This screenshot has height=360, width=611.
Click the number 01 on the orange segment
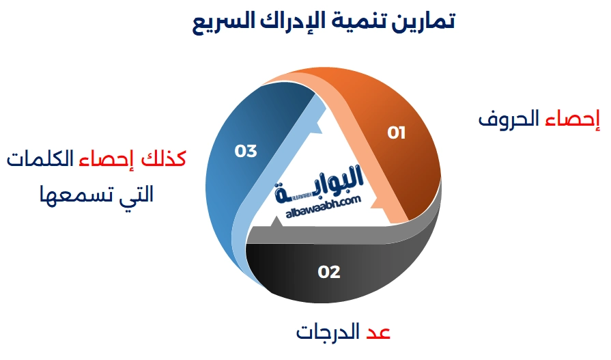(396, 133)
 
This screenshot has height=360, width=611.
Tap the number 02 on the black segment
(329, 272)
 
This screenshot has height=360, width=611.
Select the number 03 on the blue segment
(246, 151)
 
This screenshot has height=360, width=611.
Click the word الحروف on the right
(509, 118)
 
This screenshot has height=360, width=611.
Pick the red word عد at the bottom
(378, 332)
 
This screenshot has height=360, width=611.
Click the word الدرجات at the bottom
(328, 332)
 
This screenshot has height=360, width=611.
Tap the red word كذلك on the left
(163, 158)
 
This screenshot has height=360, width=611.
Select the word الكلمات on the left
(40, 158)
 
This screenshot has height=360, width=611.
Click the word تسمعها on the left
(70, 194)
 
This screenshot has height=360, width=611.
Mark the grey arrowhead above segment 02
(276, 221)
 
